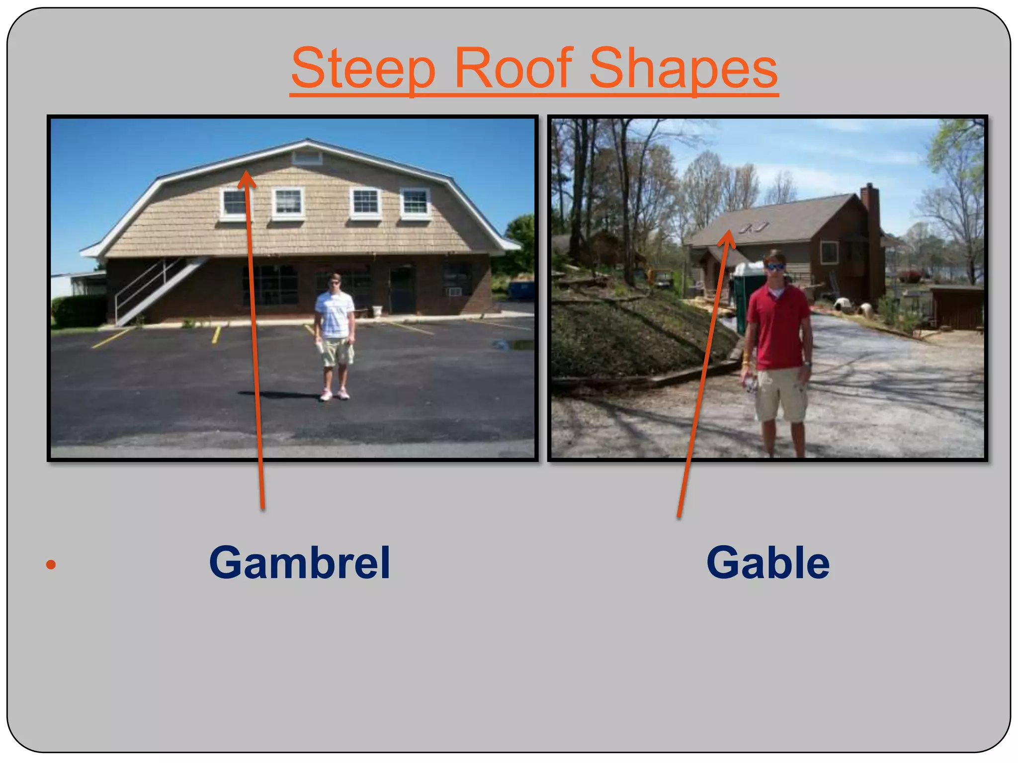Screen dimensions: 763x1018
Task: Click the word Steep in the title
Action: coord(363,68)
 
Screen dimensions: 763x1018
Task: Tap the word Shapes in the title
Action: coord(683,68)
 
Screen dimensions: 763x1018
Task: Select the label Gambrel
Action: coord(299,562)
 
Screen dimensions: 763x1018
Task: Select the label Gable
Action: coord(768,562)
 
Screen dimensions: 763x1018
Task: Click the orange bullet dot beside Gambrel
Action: coord(51,564)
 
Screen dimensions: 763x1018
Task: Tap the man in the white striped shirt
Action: coord(335,328)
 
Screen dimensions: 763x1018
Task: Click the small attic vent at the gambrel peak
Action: coord(307,158)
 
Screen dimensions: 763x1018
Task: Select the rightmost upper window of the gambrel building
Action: coord(415,203)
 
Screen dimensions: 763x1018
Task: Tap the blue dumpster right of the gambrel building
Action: coord(520,290)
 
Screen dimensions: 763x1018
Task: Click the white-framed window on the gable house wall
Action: coord(829,252)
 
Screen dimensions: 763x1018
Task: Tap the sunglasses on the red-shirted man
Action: coord(775,267)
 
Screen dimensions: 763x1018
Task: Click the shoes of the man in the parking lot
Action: coord(334,395)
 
